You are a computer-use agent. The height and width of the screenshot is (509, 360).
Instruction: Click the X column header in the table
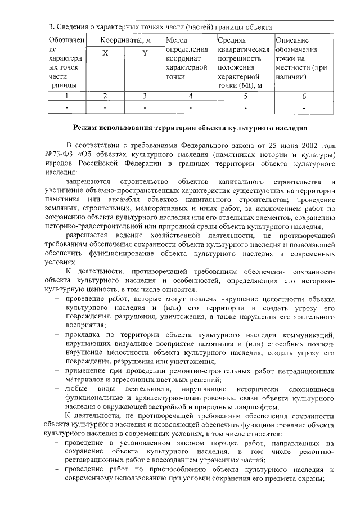click(x=105, y=53)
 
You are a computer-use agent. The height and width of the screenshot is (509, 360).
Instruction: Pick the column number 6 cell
click(x=304, y=96)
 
